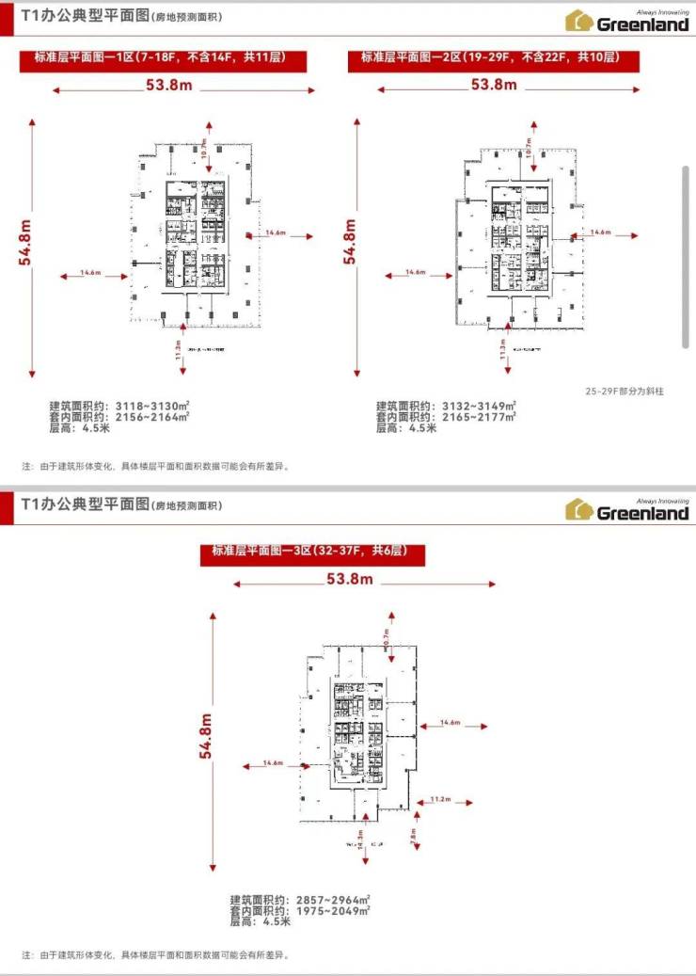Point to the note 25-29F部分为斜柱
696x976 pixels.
click(625, 392)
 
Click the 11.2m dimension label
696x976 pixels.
click(440, 798)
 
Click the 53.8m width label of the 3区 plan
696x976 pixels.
click(350, 579)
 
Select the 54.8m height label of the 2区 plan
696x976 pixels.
click(350, 242)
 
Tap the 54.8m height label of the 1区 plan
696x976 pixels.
click(25, 242)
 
